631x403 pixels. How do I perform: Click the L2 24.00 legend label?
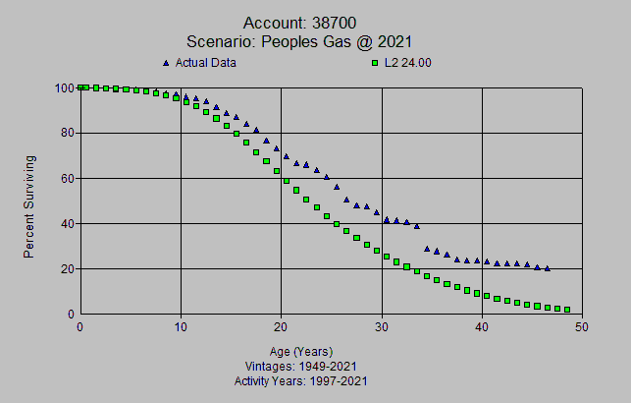408,63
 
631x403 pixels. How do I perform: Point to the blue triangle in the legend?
167,63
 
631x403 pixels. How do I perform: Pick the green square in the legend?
374,63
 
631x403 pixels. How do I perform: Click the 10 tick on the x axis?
181,327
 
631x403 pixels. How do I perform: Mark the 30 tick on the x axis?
382,327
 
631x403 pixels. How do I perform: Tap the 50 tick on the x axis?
582,327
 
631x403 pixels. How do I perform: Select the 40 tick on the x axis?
482,327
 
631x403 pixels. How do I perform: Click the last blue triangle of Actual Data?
547,268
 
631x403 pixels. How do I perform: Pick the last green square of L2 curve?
567,310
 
